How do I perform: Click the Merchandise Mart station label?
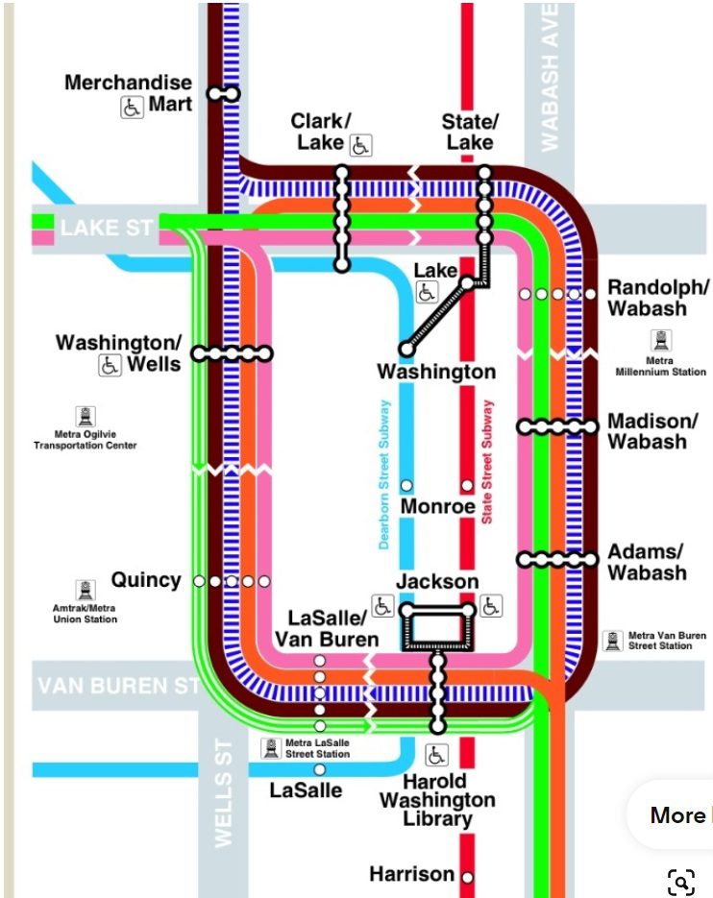tap(129, 93)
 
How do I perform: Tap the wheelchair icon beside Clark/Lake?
tap(361, 145)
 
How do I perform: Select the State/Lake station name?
tap(470, 132)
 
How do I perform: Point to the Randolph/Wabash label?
tap(659, 298)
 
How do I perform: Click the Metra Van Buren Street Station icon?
tap(614, 641)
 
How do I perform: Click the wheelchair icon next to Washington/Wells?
tap(110, 365)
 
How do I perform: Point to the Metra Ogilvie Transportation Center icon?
tap(86, 416)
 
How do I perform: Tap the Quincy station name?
tap(146, 580)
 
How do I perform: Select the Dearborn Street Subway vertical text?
tap(384, 473)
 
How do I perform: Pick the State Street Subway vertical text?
tap(487, 461)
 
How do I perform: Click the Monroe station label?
tap(437, 506)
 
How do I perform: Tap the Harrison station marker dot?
tap(467, 876)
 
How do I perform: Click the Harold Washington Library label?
tap(437, 799)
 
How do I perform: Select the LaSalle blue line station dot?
tap(320, 769)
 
